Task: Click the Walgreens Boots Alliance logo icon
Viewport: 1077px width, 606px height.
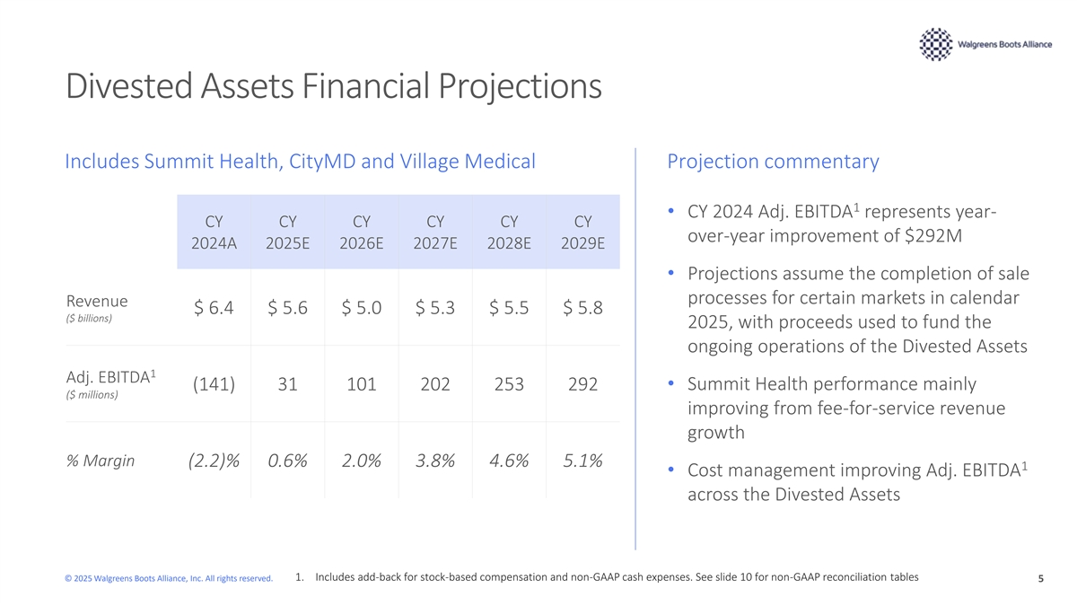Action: [x=935, y=44]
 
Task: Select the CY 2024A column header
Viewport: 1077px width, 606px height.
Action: [x=214, y=233]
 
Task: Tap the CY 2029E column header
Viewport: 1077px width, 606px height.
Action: [x=582, y=233]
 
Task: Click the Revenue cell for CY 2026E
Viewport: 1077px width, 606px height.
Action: [x=362, y=307]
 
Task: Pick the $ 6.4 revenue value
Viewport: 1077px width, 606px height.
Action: [x=214, y=307]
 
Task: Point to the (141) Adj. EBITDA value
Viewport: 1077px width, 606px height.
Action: [x=214, y=384]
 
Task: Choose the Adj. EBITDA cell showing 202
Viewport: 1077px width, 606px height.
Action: [x=435, y=384]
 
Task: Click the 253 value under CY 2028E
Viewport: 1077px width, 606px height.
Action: [x=509, y=384]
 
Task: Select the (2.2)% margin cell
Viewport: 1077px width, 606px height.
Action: [x=214, y=461]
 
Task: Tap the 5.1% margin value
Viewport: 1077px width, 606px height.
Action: [x=582, y=461]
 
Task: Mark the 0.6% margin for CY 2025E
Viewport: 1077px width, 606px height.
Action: [x=287, y=461]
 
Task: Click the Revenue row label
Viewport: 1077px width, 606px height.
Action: [x=97, y=301]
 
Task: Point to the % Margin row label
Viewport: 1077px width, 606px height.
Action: [x=100, y=461]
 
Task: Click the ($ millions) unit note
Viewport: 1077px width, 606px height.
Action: [x=92, y=395]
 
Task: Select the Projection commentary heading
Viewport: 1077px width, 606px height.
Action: [x=773, y=161]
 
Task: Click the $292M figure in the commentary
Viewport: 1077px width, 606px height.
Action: [x=933, y=235]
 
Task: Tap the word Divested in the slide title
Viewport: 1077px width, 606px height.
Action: [x=129, y=86]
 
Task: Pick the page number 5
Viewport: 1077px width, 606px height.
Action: [x=1041, y=578]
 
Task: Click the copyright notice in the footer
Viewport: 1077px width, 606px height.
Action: [x=169, y=578]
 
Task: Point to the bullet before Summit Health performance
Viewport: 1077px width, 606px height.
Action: [x=671, y=383]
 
